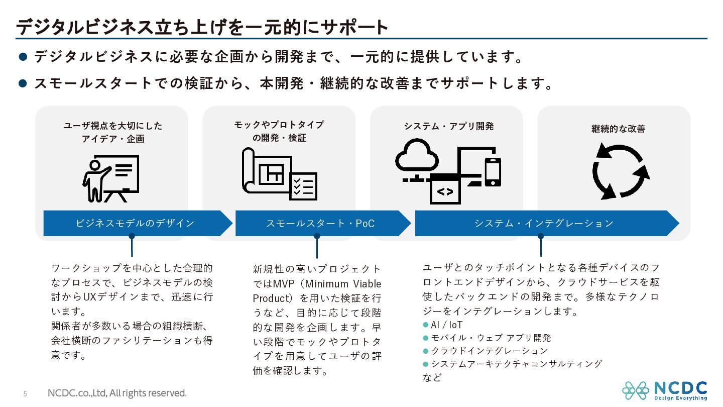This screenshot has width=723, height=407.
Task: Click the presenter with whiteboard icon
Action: coord(110,178)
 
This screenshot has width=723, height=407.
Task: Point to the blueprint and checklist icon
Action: coord(280,174)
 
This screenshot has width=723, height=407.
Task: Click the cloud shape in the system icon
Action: coord(417,155)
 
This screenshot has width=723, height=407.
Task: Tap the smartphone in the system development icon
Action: coord(493,172)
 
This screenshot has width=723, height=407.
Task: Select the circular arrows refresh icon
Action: coord(620,171)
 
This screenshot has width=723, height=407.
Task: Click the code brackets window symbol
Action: coord(445,191)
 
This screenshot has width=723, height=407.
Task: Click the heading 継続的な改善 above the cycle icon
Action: coord(618,129)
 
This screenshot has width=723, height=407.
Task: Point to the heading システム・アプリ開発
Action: coord(449,126)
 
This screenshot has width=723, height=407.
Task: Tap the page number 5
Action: coord(25,394)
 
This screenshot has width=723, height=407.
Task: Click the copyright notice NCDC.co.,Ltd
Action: coord(117,393)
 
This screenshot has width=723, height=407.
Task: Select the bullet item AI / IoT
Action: coord(443,325)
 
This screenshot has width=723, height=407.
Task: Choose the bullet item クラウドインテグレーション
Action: coord(486,351)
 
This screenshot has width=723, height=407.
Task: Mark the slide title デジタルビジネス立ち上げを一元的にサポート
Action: coord(202,27)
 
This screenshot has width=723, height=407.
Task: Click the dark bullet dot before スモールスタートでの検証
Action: coord(23,83)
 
